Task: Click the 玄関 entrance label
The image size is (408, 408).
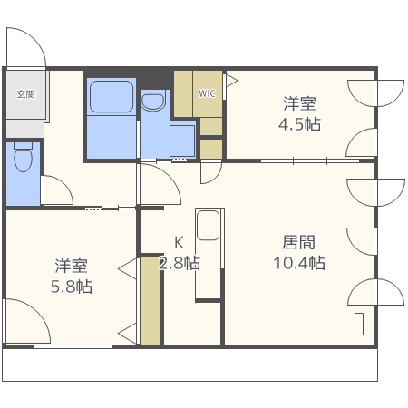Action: tap(24, 92)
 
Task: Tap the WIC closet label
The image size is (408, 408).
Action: tap(208, 92)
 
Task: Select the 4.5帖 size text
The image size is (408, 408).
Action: tap(299, 124)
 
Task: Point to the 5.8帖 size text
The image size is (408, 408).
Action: tap(71, 287)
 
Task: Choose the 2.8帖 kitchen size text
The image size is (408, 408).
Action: tap(179, 264)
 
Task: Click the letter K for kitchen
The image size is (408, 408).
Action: tap(180, 243)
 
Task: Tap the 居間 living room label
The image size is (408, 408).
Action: tap(299, 242)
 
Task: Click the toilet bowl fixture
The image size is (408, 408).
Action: tap(24, 160)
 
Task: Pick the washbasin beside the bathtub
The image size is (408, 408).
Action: tap(154, 102)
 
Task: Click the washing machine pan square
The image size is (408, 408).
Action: tap(182, 141)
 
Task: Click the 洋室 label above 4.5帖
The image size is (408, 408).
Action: tap(299, 103)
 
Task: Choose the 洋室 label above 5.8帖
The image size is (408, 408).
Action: tap(71, 266)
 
